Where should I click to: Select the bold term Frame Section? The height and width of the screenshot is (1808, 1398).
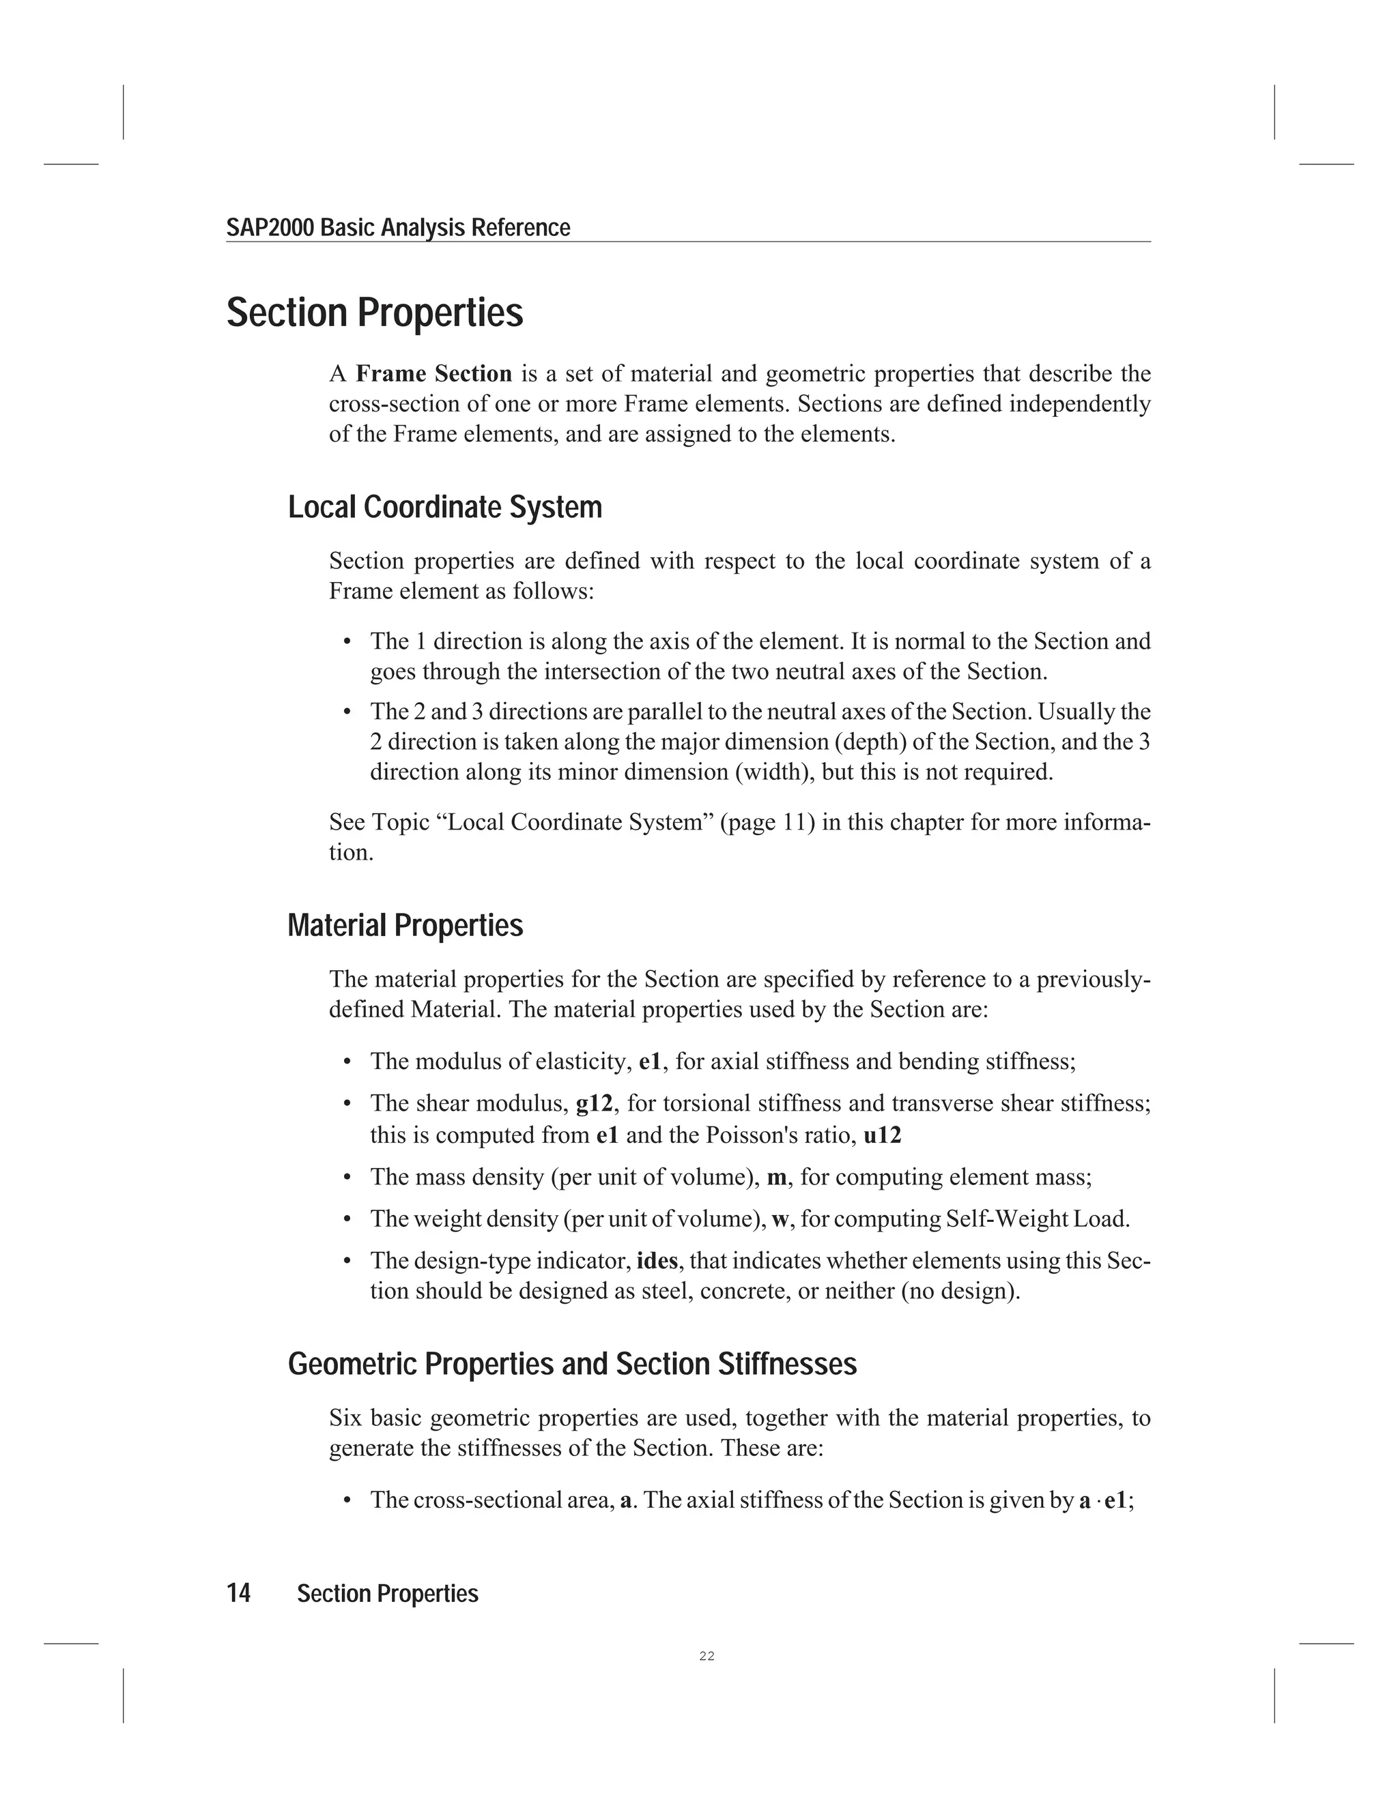[x=434, y=374]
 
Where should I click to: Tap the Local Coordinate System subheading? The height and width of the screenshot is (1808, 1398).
[x=445, y=508]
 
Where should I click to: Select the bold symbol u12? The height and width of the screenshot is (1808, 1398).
[x=882, y=1135]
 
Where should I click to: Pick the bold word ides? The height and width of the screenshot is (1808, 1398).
[x=657, y=1261]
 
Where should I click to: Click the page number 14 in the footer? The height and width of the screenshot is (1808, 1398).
[x=238, y=1594]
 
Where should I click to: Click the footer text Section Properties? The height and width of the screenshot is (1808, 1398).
[x=388, y=1594]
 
